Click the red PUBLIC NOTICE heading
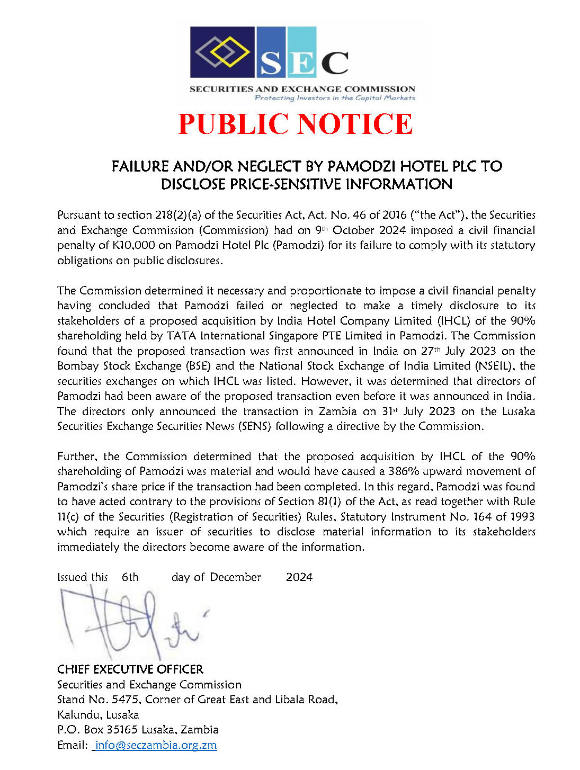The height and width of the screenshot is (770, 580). (295, 124)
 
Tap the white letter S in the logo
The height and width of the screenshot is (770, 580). (271, 63)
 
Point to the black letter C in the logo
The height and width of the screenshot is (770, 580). (335, 63)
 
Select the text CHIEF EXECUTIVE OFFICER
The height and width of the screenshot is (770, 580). (130, 669)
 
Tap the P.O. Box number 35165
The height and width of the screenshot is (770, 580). (122, 730)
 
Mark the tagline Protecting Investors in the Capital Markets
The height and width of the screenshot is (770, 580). (335, 98)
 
